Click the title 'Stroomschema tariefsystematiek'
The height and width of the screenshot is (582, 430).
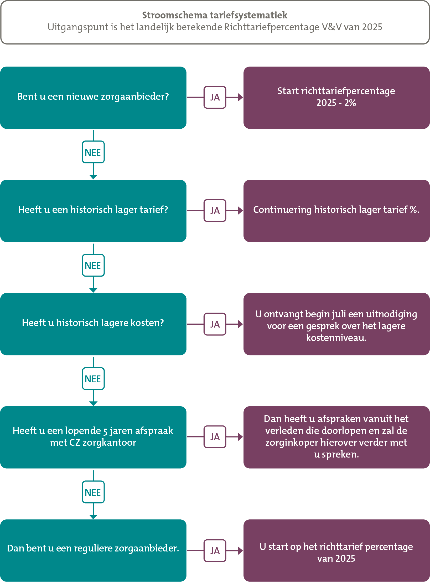215,15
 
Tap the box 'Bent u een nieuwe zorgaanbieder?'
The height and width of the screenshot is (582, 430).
93,98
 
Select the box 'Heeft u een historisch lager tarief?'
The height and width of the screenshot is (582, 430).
93,211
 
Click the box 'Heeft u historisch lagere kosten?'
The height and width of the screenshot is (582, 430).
93,324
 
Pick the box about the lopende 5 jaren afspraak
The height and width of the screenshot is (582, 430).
93,437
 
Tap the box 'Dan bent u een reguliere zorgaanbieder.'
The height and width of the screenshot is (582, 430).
93,550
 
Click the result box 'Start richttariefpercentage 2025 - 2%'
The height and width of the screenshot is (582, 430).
336,98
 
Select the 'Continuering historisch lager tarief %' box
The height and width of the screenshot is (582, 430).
336,211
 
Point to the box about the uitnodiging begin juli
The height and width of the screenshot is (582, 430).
336,324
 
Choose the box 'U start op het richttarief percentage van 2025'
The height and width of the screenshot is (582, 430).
336,550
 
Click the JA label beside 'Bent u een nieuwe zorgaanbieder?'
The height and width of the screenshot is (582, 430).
215,97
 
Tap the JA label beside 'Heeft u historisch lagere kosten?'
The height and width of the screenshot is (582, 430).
215,324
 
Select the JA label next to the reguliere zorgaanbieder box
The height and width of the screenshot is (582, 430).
215,551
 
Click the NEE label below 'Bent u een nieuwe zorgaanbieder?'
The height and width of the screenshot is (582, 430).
93,152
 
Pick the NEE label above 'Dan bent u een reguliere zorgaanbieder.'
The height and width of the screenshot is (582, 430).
93,492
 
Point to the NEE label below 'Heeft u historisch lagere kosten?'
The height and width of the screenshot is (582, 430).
93,379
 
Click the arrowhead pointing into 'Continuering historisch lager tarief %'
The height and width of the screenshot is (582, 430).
240,210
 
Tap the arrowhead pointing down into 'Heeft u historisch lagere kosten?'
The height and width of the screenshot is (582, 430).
93,290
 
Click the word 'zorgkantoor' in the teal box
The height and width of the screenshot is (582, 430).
109,443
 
